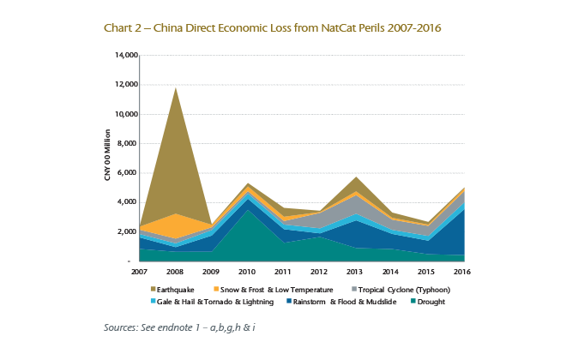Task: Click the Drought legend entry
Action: click(x=432, y=302)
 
